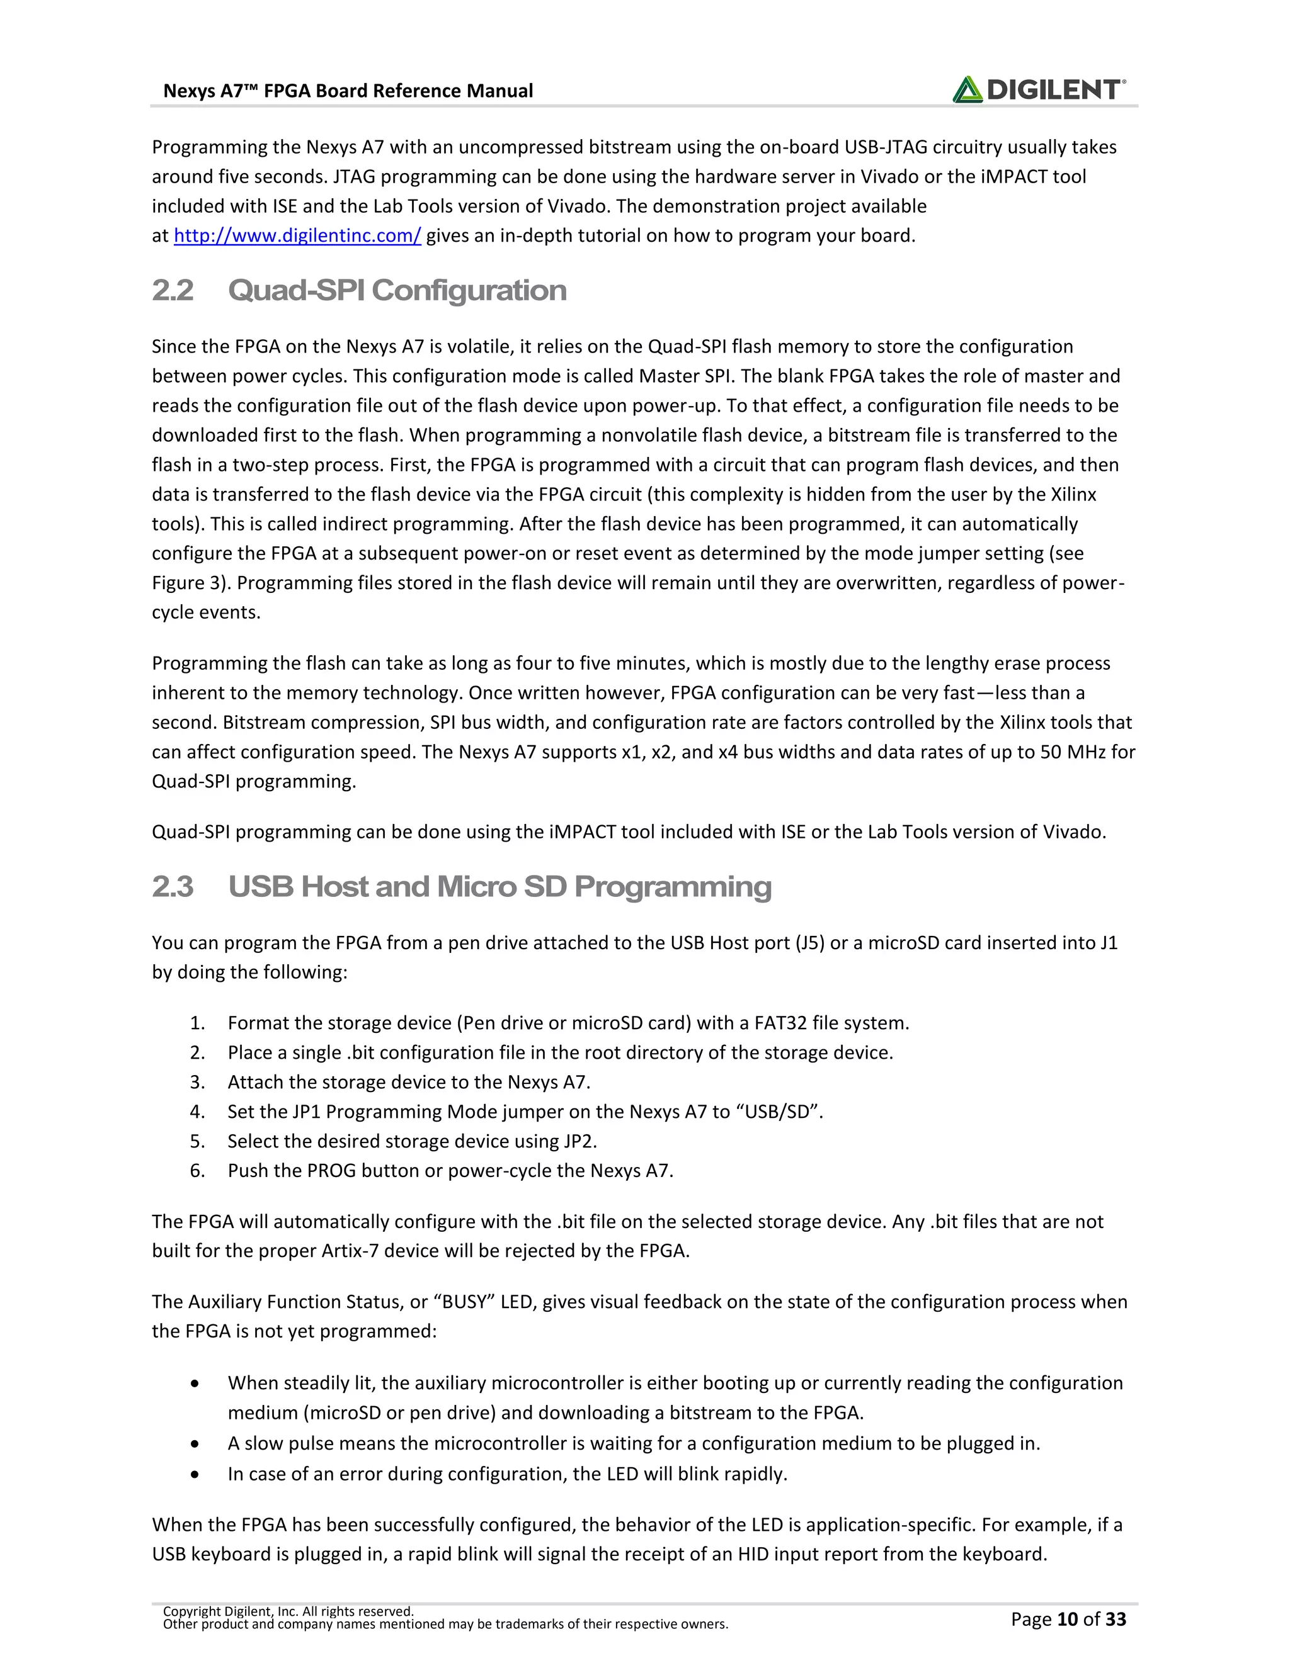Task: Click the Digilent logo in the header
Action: pos(1039,90)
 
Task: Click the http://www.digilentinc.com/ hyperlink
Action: pos(297,235)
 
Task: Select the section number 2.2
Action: pos(173,290)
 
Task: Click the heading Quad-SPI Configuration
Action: pos(397,290)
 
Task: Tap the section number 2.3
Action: pos(173,887)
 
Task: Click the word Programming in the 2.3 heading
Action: pos(673,887)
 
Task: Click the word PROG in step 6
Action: pos(332,1171)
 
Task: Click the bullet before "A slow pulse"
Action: pos(197,1444)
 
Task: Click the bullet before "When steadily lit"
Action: pos(197,1384)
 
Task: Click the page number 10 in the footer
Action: pos(1068,1619)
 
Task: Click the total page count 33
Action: pos(1116,1619)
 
